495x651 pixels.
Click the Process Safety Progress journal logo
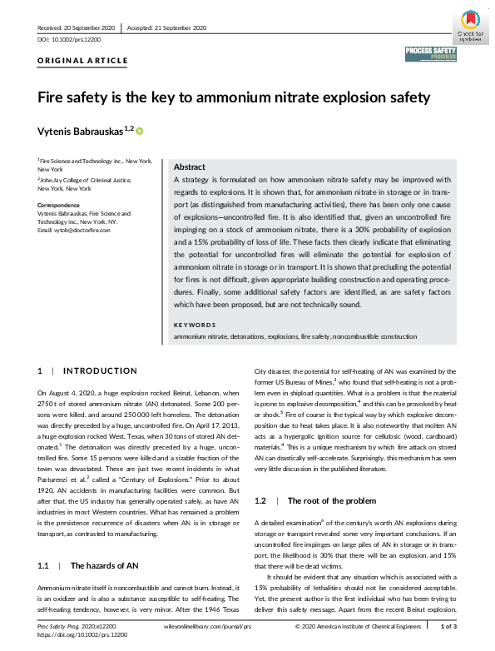pyautogui.click(x=430, y=55)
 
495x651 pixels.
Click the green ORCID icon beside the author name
pyautogui.click(x=140, y=131)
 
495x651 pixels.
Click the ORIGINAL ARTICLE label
pyautogui.click(x=83, y=61)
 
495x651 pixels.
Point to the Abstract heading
pyautogui.click(x=190, y=166)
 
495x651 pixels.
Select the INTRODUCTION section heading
pyautogui.click(x=101, y=370)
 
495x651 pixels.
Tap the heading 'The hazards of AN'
pyautogui.click(x=104, y=565)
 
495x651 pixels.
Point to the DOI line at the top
pyautogui.click(x=70, y=39)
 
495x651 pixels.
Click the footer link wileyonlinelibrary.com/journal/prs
pyautogui.click(x=210, y=625)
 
